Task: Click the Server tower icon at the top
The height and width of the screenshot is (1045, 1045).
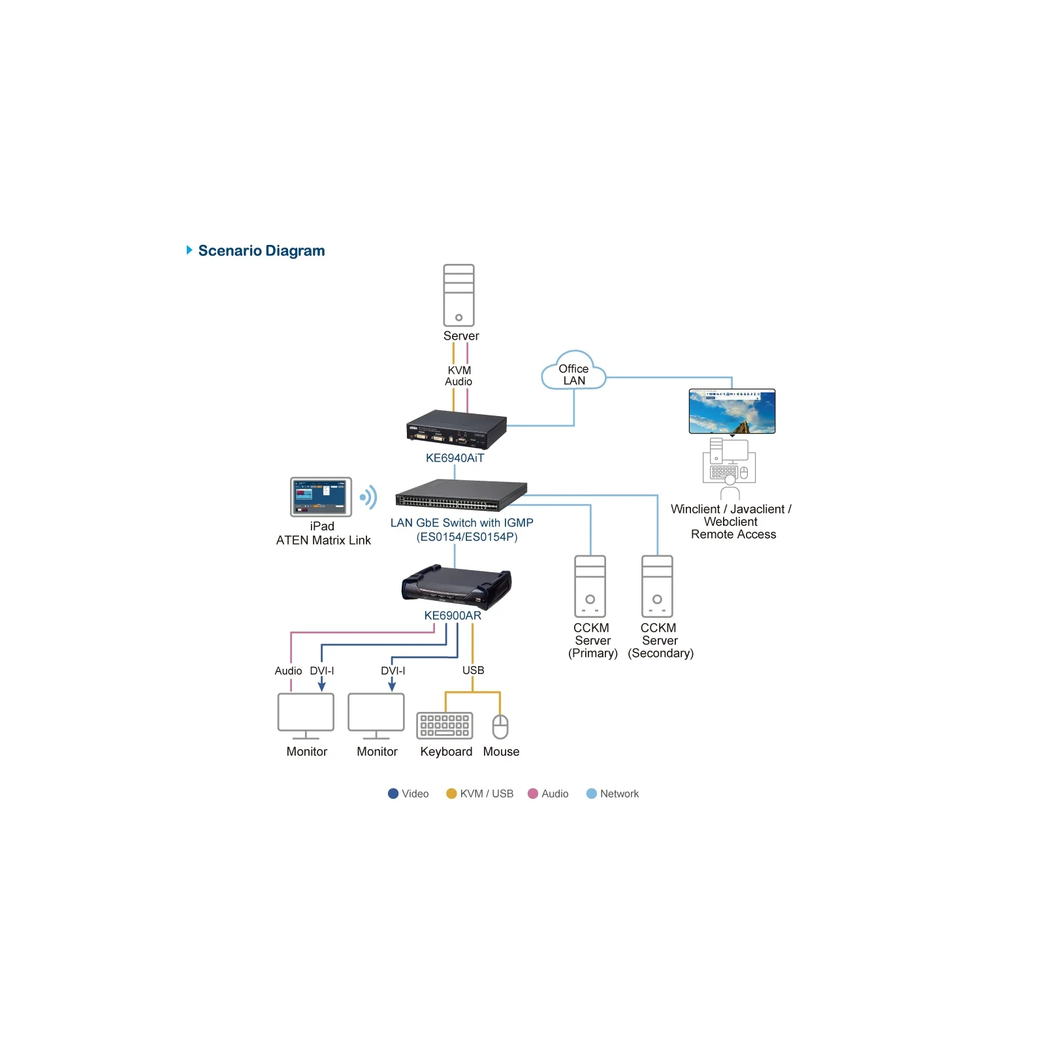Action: coord(458,295)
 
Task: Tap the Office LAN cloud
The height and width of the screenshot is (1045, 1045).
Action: coord(573,370)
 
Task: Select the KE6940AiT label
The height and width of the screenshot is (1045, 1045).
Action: coord(455,458)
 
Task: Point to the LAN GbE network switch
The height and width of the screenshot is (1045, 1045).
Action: coord(461,494)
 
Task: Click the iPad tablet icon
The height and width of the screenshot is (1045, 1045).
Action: coord(321,497)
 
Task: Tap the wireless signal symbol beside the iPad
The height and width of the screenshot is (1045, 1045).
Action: coord(368,497)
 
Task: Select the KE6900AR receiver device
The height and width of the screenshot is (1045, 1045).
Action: coord(456,585)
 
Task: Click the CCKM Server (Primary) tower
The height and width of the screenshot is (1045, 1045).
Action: coord(590,586)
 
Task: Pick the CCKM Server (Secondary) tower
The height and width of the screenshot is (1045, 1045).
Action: coord(657,586)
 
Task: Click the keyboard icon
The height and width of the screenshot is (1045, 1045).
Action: coord(445,725)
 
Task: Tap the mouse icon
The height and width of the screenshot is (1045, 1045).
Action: coord(500,726)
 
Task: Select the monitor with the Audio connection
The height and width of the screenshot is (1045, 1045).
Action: coord(306,716)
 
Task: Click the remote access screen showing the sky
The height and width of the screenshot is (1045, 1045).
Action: coord(732,411)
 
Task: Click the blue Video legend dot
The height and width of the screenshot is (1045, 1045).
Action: coord(393,794)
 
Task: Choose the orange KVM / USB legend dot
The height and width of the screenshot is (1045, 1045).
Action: coord(451,794)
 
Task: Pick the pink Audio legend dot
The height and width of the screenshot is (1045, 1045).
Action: coord(533,794)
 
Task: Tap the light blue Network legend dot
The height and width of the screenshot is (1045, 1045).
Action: coord(592,794)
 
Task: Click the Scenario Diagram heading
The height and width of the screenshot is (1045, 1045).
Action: coord(261,251)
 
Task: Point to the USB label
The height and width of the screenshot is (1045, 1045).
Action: coord(474,670)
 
